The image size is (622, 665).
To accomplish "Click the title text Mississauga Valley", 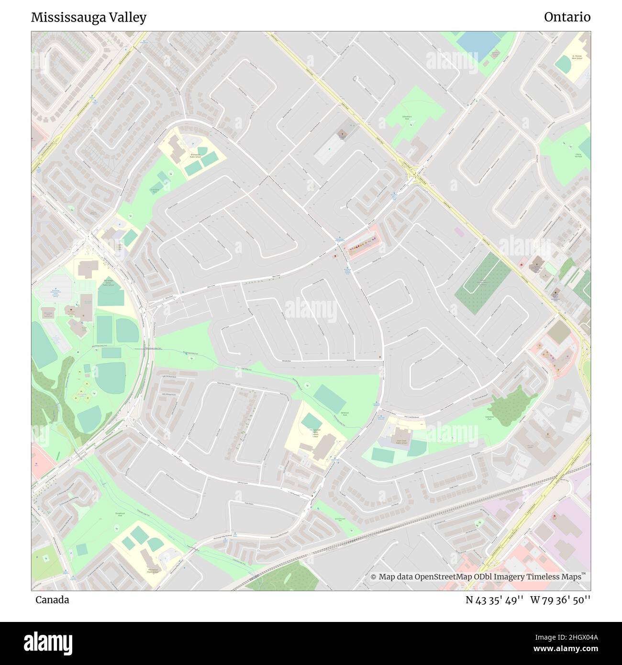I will (x=89, y=17).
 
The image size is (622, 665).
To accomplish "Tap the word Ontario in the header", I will (x=567, y=17).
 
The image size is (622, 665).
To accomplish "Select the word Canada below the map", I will (x=52, y=600).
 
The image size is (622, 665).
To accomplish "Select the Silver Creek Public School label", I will (x=401, y=443).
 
